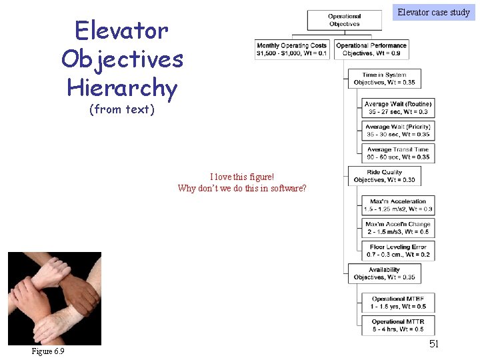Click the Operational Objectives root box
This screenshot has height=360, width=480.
(344, 20)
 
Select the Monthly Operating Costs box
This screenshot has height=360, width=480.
(292, 50)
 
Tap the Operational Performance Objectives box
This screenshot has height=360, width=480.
(371, 50)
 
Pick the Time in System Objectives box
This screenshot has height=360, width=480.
(384, 79)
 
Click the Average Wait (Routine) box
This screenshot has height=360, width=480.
(398, 108)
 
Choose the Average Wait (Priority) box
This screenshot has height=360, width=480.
(398, 131)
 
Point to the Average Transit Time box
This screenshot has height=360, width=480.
(398, 153)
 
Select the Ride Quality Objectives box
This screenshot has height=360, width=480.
(384, 176)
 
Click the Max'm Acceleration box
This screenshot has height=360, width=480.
(398, 205)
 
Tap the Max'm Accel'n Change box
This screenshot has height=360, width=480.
(398, 228)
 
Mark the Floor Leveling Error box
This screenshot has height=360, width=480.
(398, 251)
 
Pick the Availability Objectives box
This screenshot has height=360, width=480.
(384, 273)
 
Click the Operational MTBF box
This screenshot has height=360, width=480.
(398, 303)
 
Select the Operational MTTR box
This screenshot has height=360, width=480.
(398, 325)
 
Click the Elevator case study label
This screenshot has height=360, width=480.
(434, 11)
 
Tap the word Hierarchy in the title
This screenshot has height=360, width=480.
(122, 87)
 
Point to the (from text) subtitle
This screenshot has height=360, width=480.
(122, 109)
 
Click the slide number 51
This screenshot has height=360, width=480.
(434, 344)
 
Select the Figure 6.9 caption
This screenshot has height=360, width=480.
(48, 351)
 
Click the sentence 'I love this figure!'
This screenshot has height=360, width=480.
(242, 177)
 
